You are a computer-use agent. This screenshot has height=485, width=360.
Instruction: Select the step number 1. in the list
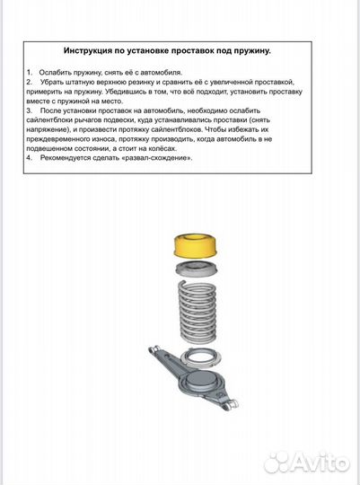(30, 70)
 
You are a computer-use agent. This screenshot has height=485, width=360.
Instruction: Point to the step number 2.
(30, 81)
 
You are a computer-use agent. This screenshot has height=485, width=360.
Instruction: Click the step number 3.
(30, 112)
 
